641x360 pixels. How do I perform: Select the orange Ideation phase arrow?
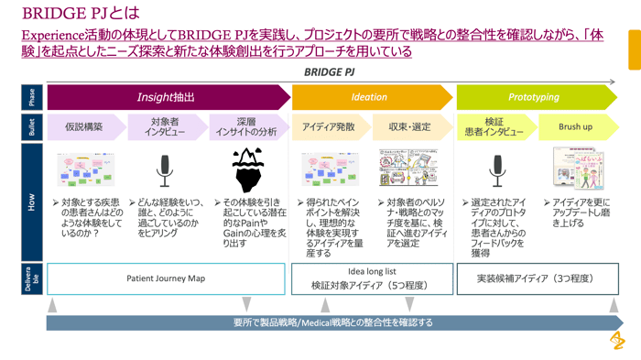click(x=370, y=97)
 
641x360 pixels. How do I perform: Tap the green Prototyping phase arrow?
click(x=534, y=97)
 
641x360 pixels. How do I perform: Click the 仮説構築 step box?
click(x=84, y=127)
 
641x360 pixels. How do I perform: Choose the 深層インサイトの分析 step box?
click(x=245, y=127)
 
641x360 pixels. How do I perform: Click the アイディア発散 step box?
click(x=329, y=127)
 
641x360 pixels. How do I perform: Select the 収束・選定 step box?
click(x=409, y=127)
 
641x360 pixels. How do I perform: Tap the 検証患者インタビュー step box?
click(x=494, y=127)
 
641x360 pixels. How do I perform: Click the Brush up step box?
click(x=575, y=127)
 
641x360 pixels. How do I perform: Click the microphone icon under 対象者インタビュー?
click(x=165, y=169)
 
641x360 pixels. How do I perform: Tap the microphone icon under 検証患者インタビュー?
click(x=496, y=169)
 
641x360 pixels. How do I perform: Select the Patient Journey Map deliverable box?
click(x=166, y=278)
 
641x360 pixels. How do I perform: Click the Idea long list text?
click(x=372, y=271)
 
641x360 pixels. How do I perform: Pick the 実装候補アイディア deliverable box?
click(x=536, y=278)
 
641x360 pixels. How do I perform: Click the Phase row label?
click(x=33, y=97)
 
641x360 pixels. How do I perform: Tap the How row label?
click(x=33, y=202)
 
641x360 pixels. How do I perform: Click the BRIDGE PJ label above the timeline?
click(x=329, y=71)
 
